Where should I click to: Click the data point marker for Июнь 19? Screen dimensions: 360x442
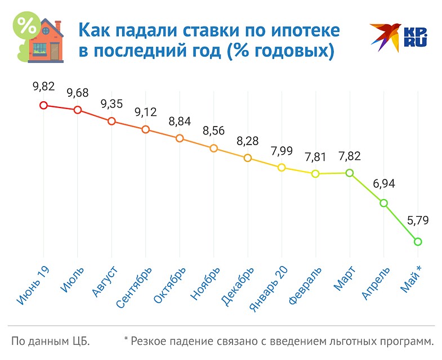(43, 105)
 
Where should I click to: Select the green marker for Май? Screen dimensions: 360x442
(418, 242)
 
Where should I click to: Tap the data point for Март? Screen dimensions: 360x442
(350, 173)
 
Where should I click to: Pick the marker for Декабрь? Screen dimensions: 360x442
(247, 158)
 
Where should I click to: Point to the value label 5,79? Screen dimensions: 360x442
(418, 220)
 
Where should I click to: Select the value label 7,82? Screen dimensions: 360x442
(350, 154)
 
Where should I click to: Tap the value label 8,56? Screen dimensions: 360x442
(213, 129)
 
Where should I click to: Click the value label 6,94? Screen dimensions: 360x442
(384, 184)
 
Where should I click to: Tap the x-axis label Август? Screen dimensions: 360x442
(105, 282)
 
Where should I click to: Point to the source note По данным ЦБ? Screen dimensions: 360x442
(51, 341)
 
